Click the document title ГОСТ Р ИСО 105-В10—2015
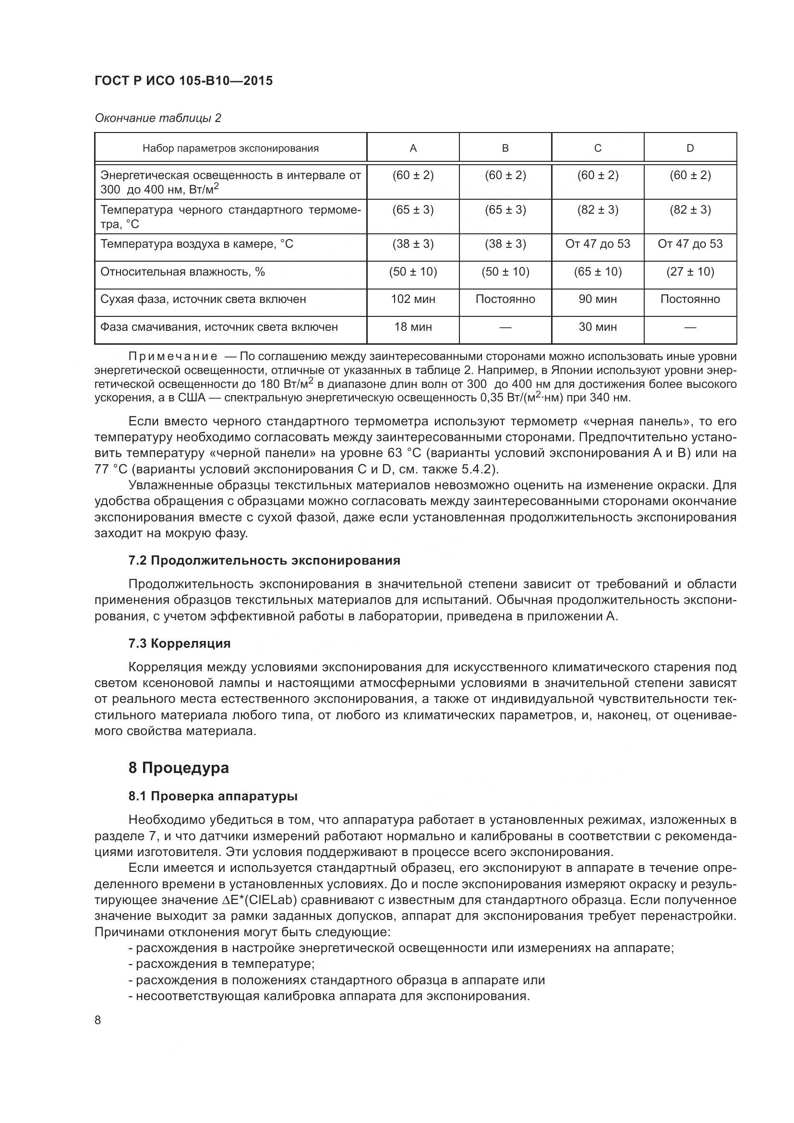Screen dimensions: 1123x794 183,81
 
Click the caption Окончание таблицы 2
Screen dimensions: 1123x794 157,118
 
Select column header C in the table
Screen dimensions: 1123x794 598,148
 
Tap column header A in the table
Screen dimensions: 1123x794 413,148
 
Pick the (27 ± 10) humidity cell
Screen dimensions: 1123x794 690,271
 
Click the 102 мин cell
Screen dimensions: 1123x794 413,299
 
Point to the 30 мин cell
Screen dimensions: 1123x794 598,327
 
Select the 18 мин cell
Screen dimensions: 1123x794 413,327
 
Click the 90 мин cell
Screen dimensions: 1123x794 598,299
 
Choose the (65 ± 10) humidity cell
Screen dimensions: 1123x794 598,271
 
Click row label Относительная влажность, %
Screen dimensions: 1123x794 182,271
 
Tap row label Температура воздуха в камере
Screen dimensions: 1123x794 196,243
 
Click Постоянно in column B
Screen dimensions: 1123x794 505,299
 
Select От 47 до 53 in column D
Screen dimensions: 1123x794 690,243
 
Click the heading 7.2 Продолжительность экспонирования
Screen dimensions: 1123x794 264,560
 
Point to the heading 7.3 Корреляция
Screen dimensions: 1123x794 180,644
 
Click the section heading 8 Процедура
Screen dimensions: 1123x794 179,768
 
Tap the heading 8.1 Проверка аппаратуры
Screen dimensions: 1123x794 213,796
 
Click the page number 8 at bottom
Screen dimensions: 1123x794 98,1020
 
